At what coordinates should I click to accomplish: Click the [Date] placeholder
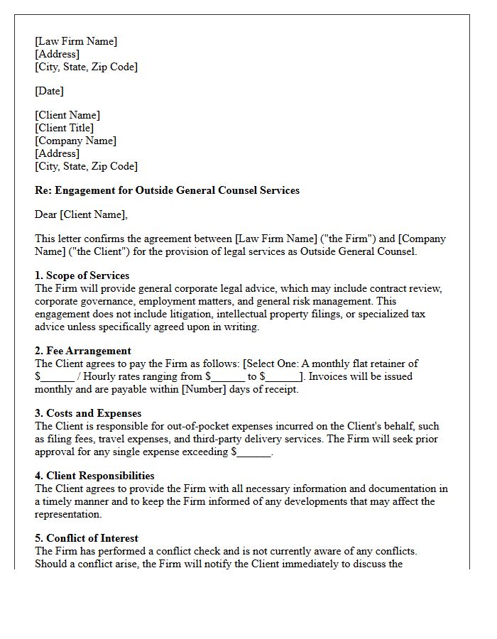pos(49,91)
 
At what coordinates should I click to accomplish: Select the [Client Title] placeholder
pos(64,128)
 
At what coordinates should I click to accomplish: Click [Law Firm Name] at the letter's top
pos(76,41)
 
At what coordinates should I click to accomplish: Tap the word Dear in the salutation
pos(46,214)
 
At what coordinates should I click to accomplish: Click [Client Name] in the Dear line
pos(94,214)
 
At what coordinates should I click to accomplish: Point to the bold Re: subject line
pos(167,190)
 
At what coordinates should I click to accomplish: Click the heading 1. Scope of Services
pos(82,275)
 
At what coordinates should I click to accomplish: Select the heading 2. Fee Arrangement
pos(82,351)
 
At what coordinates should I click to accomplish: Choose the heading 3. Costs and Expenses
pos(88,413)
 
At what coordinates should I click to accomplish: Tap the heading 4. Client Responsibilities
pos(94,476)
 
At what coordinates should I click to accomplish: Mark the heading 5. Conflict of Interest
pos(87,538)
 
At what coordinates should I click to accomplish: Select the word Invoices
pos(329,376)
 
